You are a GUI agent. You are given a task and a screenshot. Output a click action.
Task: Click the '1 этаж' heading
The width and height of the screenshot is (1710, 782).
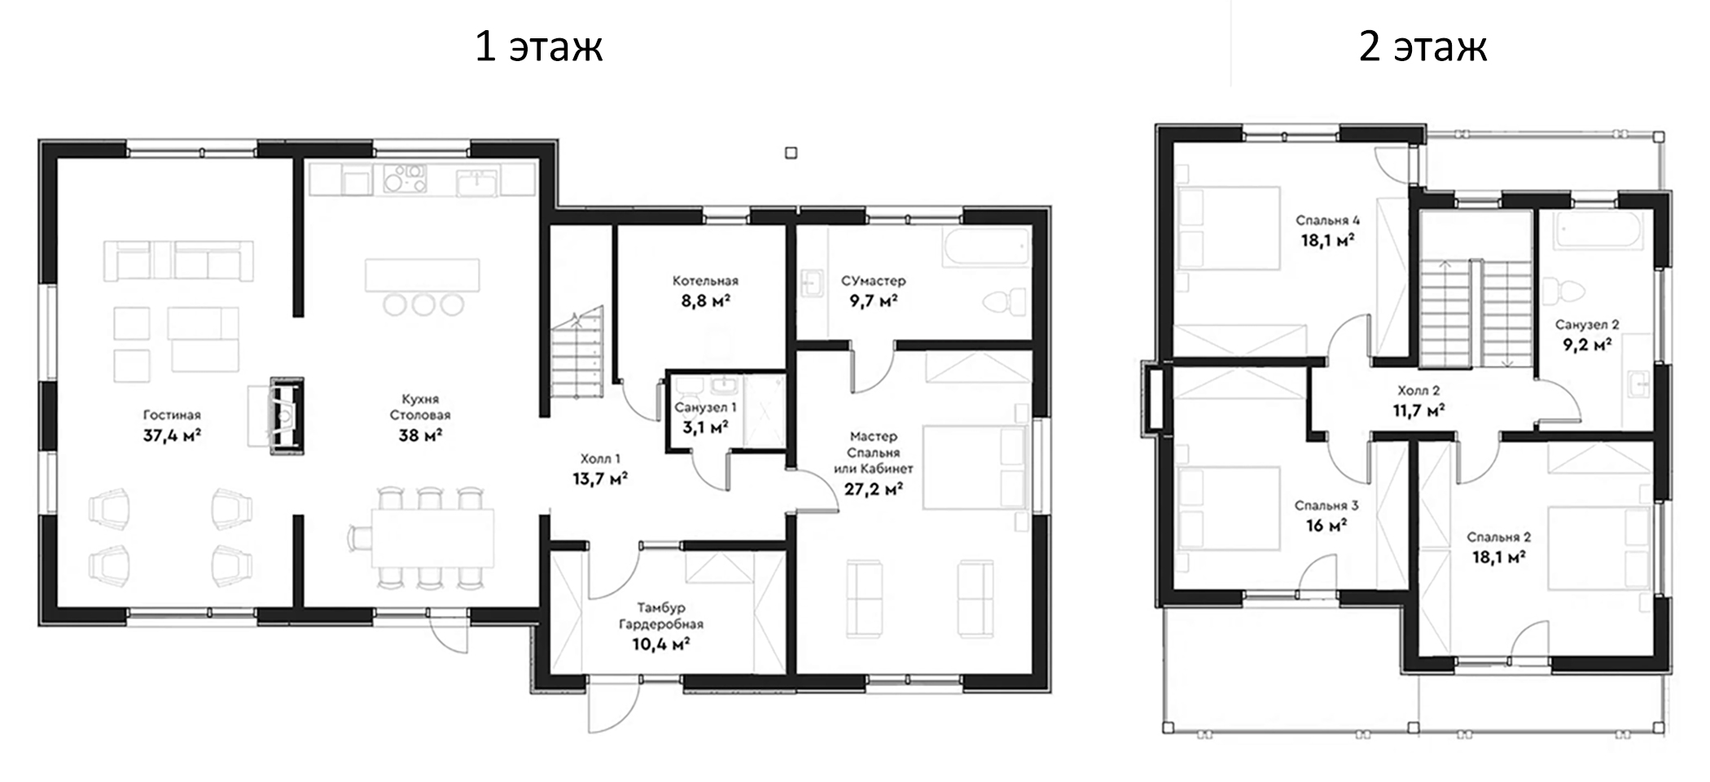click(x=538, y=46)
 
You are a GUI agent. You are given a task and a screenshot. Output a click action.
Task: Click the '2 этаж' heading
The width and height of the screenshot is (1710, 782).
click(x=1423, y=46)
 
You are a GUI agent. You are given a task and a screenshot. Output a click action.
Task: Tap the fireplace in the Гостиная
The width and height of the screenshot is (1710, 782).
click(x=287, y=414)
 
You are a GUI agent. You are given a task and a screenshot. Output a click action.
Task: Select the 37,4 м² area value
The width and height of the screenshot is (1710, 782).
click(x=172, y=435)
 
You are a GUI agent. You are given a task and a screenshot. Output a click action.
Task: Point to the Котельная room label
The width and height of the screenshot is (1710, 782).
click(x=705, y=281)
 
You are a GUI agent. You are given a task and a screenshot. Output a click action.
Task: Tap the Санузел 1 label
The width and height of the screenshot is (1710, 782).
click(x=705, y=406)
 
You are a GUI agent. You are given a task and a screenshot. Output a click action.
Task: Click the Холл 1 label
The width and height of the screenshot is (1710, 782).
click(x=599, y=459)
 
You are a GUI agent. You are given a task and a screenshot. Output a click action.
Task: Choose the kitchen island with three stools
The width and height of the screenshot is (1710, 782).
click(x=422, y=287)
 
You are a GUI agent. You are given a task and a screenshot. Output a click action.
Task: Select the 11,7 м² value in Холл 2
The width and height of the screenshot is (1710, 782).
click(x=1418, y=411)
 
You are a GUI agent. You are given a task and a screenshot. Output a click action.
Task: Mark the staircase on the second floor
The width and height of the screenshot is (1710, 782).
click(x=1475, y=314)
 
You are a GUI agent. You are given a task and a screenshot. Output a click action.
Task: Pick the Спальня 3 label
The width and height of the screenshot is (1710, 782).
click(x=1326, y=506)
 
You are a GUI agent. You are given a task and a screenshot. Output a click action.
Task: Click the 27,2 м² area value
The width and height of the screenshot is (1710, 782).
click(x=873, y=490)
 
